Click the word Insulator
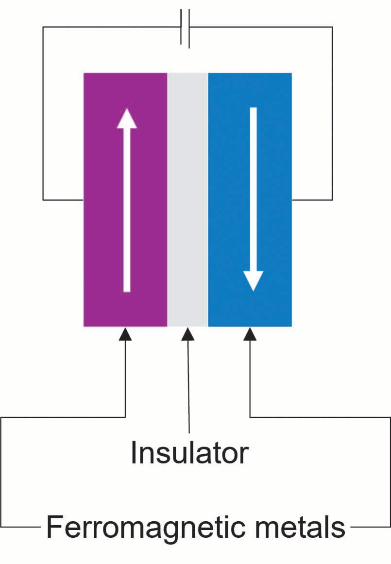(x=189, y=453)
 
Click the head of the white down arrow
(x=253, y=281)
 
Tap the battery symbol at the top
(x=185, y=28)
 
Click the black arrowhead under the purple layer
(x=125, y=334)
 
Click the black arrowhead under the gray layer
(x=187, y=334)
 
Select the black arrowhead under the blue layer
(x=250, y=334)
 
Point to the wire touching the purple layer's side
(x=63, y=200)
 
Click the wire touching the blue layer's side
(x=312, y=200)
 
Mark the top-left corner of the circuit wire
(x=43, y=27)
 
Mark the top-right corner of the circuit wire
(x=332, y=27)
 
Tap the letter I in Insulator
(x=134, y=453)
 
